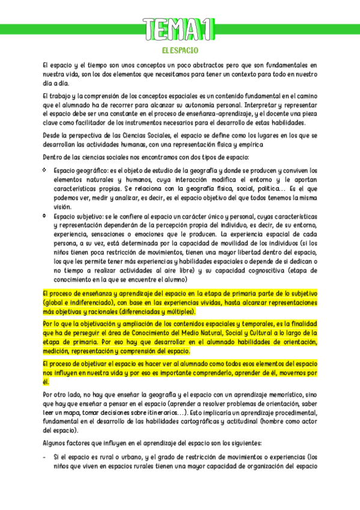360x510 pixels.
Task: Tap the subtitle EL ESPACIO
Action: (x=180, y=51)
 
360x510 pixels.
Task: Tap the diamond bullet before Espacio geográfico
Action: (x=46, y=170)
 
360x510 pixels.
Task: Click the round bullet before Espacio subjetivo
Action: (x=46, y=214)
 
